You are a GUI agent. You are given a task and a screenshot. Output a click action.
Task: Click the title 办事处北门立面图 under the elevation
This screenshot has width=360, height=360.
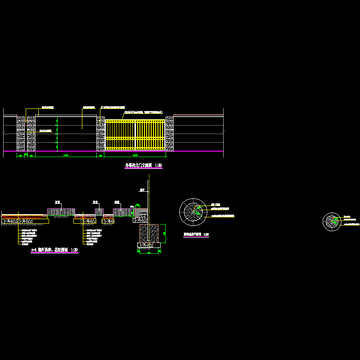143,166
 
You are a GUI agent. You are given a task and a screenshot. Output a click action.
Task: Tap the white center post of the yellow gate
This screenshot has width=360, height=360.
135,134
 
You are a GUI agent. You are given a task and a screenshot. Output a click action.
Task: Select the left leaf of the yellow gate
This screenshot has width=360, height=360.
120,134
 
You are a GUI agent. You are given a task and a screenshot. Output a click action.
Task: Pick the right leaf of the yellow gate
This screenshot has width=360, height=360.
150,134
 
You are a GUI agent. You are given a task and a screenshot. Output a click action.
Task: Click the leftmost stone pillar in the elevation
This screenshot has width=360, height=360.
21,134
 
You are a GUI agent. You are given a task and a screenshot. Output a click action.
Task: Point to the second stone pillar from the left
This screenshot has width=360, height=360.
31,134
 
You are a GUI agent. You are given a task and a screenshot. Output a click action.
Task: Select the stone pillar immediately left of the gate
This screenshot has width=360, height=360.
101,134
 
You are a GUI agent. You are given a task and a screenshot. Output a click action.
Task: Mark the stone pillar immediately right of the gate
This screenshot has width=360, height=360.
170,134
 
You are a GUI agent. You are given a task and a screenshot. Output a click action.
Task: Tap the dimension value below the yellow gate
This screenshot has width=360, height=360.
135,155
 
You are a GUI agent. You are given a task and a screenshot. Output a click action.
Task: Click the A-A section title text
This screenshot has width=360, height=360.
54,250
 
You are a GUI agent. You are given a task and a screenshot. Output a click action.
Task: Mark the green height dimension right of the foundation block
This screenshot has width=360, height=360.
164,233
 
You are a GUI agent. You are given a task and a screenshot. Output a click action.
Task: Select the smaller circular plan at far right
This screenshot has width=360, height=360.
333,221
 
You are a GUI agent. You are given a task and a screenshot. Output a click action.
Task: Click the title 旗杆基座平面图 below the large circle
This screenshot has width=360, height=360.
196,234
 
